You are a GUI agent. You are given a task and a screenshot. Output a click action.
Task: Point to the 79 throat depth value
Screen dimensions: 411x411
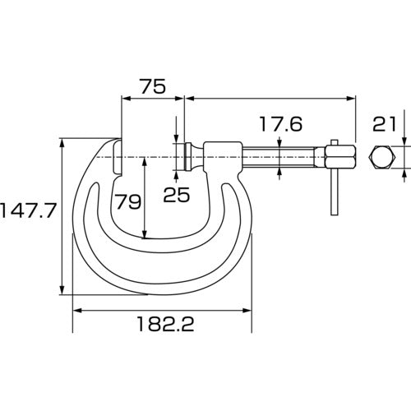click(x=127, y=201)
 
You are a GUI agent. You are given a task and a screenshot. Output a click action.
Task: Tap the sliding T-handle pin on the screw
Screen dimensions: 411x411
click(x=334, y=185)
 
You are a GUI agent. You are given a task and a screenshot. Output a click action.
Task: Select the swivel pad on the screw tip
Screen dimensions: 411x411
click(x=187, y=155)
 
